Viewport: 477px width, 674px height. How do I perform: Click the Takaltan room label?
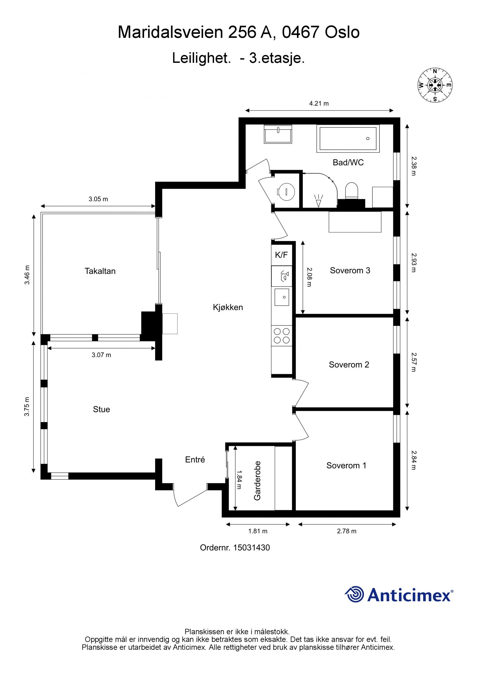(x=100, y=271)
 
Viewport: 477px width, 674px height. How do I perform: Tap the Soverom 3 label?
(x=350, y=270)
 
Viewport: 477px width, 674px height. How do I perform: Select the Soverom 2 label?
(x=349, y=365)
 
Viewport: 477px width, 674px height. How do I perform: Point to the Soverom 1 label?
(x=346, y=466)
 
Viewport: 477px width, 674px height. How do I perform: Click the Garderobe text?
(x=257, y=481)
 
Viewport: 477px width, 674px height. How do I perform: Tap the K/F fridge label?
(x=281, y=255)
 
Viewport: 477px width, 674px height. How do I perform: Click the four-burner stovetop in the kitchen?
(x=282, y=336)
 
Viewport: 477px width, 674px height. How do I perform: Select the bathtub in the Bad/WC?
(x=348, y=138)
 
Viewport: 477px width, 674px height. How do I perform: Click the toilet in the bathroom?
(x=351, y=191)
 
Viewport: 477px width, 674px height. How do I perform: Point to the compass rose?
(x=435, y=85)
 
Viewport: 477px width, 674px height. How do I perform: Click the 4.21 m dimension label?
(x=319, y=104)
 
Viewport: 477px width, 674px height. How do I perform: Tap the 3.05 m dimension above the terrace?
(x=98, y=199)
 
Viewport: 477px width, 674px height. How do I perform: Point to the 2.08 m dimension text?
(x=309, y=277)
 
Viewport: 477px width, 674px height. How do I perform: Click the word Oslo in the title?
(x=342, y=32)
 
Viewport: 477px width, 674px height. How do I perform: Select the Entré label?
(x=195, y=460)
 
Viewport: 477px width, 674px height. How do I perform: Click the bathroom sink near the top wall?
(x=278, y=134)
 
